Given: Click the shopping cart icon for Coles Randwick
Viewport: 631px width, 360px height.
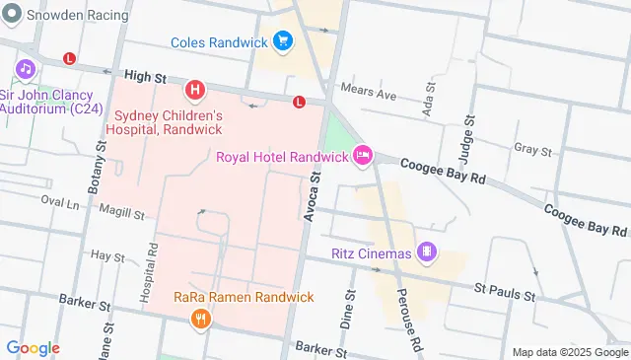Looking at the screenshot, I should (284, 41).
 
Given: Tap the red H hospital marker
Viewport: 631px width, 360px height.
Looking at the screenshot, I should (195, 92).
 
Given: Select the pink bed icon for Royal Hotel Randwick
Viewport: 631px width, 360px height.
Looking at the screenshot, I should (362, 156).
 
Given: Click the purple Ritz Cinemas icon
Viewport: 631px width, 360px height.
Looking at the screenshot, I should (426, 252).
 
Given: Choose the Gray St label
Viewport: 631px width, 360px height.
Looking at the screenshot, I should (532, 150).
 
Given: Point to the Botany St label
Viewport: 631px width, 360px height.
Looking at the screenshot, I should (102, 175).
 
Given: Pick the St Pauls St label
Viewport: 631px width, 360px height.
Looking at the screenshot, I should (504, 294).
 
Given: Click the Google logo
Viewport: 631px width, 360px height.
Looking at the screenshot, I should (33, 348).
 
